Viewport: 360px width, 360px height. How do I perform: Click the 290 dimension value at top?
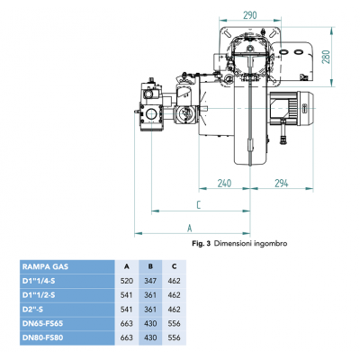click(250, 15)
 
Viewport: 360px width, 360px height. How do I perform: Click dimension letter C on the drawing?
click(196, 205)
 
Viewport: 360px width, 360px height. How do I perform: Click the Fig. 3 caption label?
click(202, 244)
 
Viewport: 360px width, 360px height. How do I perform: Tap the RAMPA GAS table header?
click(46, 267)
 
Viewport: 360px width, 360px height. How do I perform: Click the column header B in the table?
click(148, 267)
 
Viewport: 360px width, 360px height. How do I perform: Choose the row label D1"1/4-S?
click(45, 281)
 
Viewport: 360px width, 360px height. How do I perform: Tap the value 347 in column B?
click(148, 281)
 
